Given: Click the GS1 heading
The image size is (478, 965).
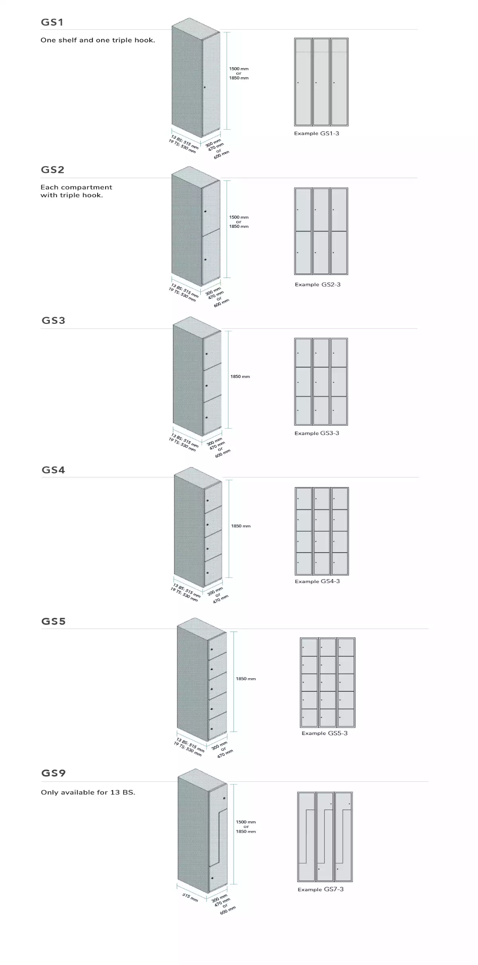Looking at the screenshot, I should pos(52,22).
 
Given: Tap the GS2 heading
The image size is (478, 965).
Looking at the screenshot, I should pos(52,170).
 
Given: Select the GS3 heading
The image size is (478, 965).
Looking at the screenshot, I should pos(53,320).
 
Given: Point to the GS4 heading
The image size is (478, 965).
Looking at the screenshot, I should pos(53,470).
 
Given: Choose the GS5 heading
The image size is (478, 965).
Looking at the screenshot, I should pos(53,621).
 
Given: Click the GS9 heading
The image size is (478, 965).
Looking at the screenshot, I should pos(53,773).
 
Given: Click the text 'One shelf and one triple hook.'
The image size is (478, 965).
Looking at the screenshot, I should pos(98,40).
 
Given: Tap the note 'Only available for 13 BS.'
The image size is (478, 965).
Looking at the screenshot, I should pos(88,792).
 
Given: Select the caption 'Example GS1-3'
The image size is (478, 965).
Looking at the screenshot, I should pos(316,134).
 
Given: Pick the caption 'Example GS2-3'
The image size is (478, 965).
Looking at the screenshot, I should pos(317,285).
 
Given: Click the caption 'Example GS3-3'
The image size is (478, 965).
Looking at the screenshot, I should pos(316,433).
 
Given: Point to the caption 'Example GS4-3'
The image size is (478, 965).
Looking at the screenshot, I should pos(317,581).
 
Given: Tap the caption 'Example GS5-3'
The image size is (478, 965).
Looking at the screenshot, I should pos(324,733).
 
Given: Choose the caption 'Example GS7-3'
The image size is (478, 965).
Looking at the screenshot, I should pos(320,889).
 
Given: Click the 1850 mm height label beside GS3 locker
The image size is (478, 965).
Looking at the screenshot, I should pos(240,377).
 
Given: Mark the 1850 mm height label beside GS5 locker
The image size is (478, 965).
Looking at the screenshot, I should pos(246,679).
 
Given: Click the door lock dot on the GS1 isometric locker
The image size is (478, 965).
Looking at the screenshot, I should pos(204,87).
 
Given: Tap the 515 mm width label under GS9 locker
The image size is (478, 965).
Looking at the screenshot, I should pos(190,898).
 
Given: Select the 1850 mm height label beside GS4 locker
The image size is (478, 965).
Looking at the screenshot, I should pos(241,526).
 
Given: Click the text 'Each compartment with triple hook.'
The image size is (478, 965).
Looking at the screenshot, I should pos(76,191).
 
